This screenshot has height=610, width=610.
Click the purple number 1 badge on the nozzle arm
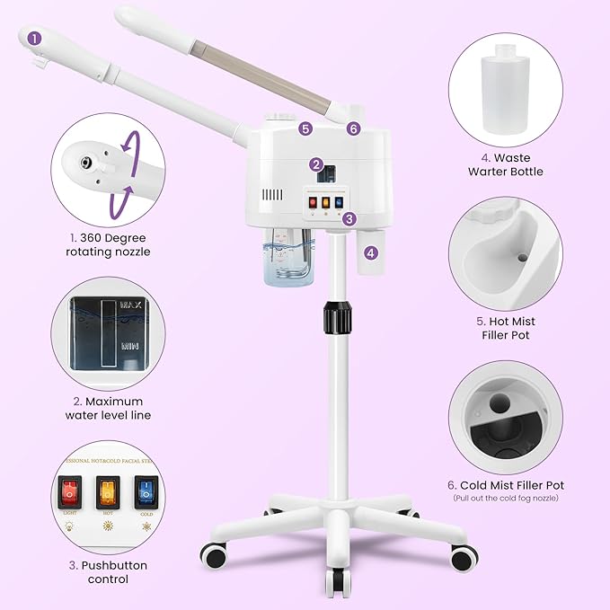click(35, 38)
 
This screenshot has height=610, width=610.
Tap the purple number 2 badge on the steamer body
click(316, 164)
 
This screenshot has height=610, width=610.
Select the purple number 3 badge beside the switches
click(349, 218)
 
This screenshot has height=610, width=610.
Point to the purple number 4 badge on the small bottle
click(371, 253)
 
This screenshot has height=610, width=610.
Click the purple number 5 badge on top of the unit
click(306, 128)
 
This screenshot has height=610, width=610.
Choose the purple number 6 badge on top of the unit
click(353, 128)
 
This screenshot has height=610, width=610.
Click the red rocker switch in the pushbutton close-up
click(68, 493)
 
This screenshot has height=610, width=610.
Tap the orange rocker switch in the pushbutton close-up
click(107, 493)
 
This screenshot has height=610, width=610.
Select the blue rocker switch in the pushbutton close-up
click(144, 493)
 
